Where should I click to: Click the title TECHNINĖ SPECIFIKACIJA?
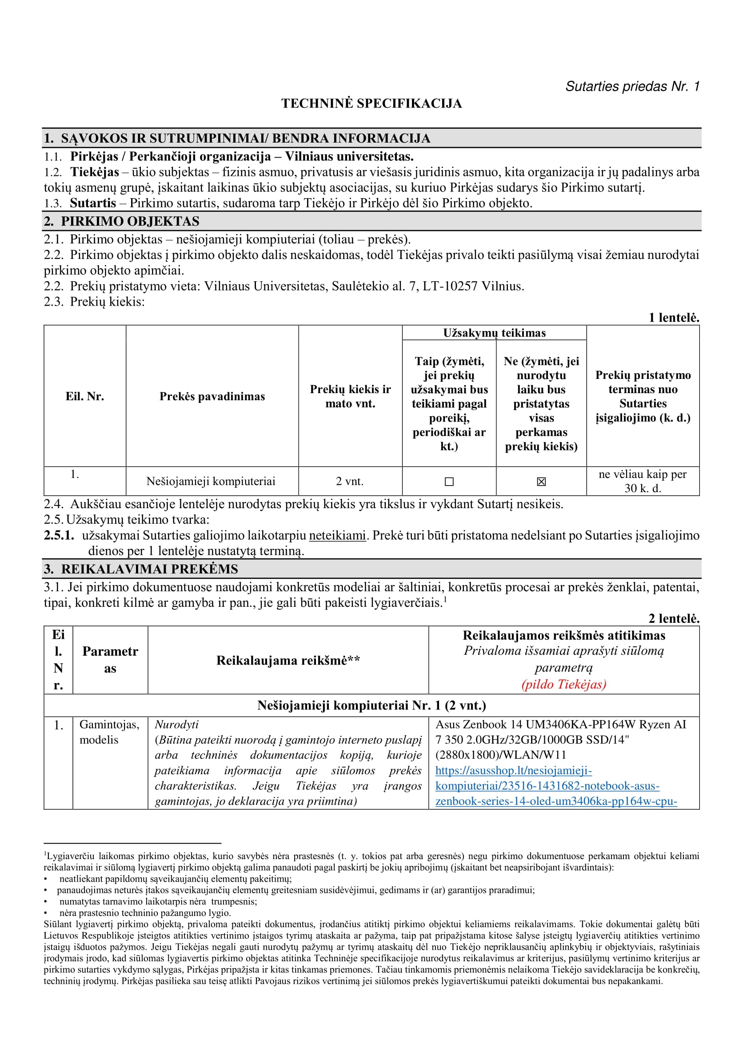tap(371, 104)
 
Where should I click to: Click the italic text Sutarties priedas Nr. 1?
tap(632, 87)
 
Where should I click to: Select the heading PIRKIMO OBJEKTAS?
tap(130, 221)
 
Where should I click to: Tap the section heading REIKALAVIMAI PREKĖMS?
tap(149, 569)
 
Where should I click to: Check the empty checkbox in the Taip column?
tap(449, 482)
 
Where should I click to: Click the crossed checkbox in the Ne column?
tap(541, 482)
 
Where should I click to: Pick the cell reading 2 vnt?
tap(349, 481)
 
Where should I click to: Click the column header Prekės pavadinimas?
tap(212, 396)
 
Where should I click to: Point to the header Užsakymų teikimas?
tap(494, 333)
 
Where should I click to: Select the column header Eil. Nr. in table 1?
tap(84, 396)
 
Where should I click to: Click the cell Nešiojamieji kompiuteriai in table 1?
tap(211, 481)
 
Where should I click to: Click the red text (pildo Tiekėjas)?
tap(563, 684)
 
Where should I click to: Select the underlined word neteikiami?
tap(337, 535)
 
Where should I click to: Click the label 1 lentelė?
tap(673, 318)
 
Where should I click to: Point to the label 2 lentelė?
tap(673, 618)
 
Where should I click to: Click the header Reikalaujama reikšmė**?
tap(288, 660)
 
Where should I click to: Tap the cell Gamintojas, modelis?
tap(109, 732)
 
